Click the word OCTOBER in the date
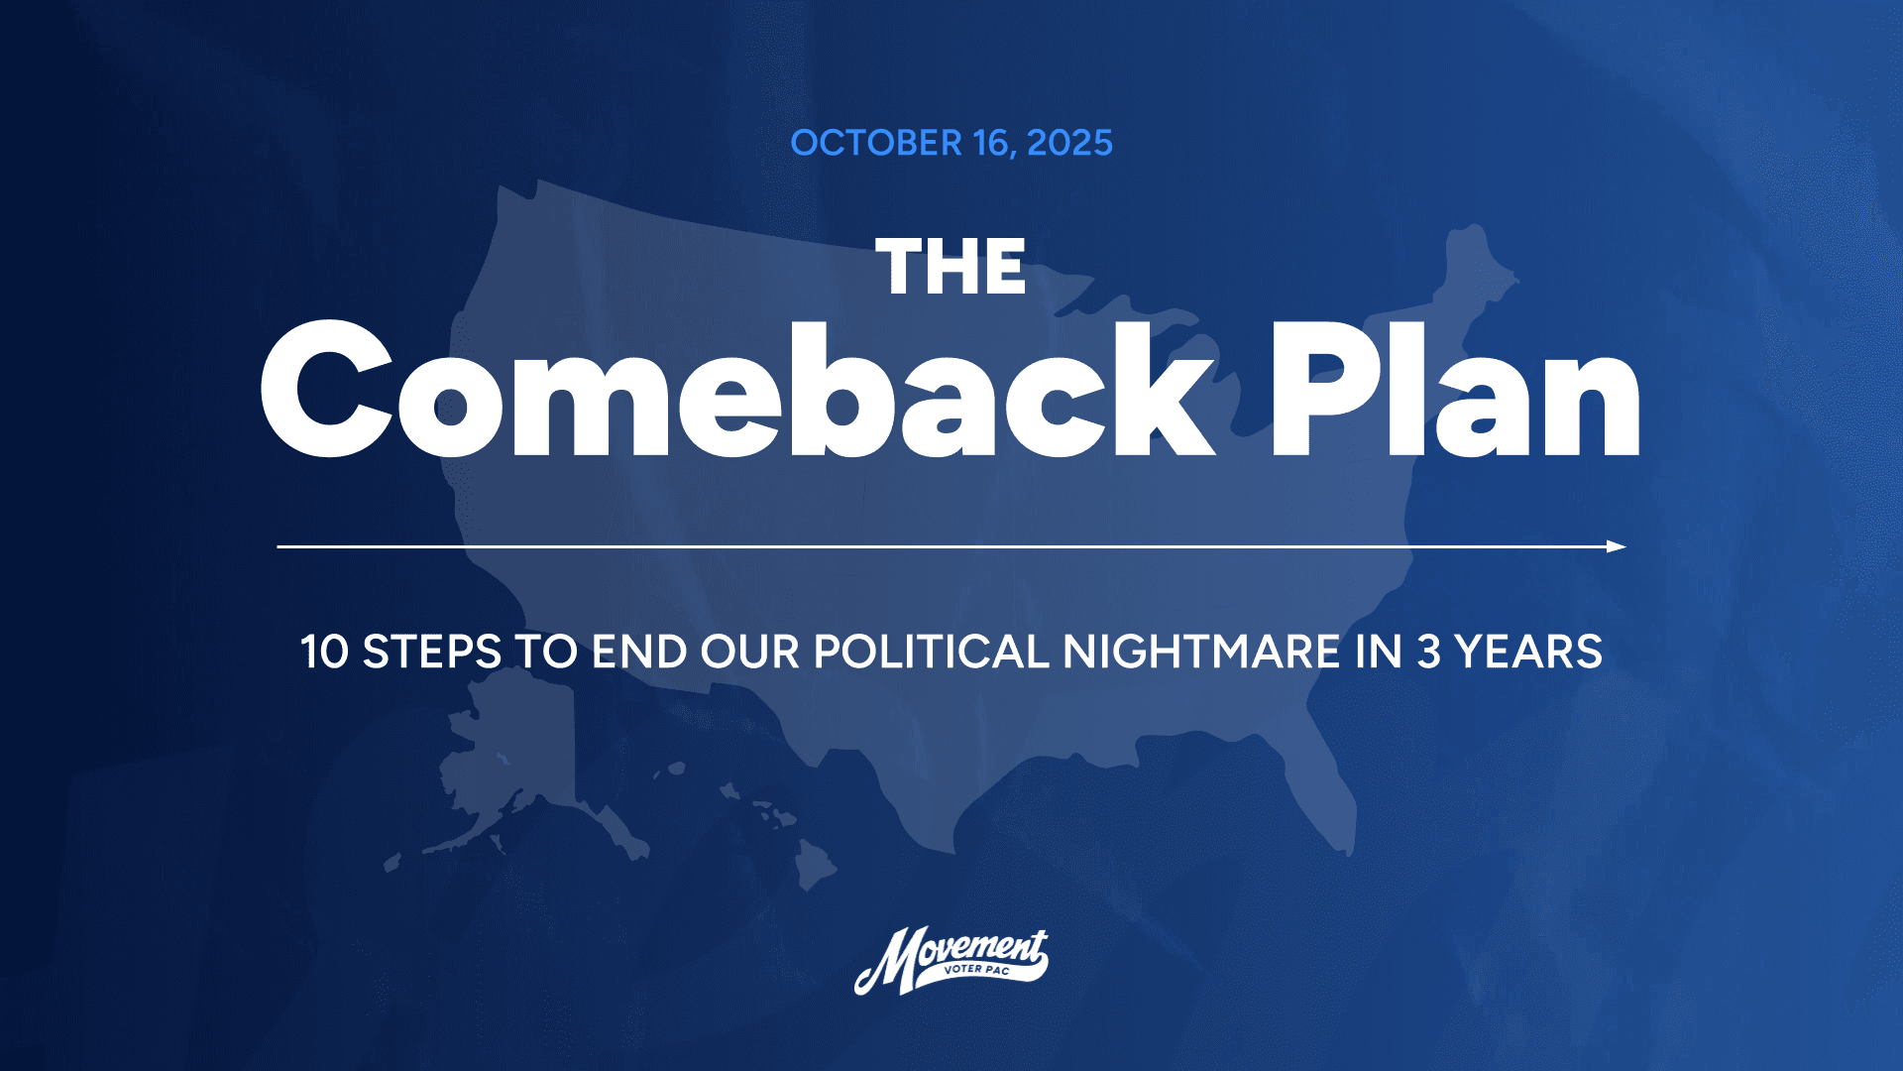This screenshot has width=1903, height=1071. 876,144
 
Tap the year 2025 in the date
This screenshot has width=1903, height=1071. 1069,144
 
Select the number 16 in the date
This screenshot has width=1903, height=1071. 992,144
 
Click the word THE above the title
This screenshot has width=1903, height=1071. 951,268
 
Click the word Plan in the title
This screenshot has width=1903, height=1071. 1455,392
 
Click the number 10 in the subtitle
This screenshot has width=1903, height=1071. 324,653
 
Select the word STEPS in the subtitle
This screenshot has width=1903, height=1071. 432,653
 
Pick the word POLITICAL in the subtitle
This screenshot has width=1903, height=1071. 931,653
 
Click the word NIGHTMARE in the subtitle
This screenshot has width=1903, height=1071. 1202,653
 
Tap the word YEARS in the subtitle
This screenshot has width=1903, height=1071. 1528,653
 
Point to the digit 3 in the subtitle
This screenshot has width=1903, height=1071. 1428,653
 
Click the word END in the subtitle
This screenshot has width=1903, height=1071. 639,653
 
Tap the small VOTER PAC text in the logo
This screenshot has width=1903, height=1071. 977,970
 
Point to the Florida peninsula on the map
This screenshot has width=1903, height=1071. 1323,783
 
